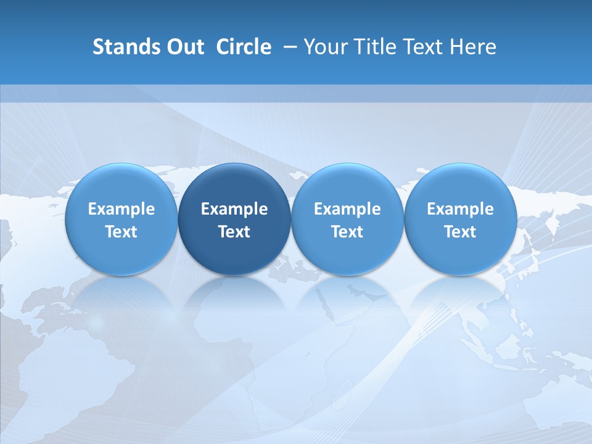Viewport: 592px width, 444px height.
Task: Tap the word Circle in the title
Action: [244, 47]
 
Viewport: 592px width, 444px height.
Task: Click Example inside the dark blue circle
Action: [234, 209]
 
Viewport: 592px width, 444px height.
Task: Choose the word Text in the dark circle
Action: [234, 232]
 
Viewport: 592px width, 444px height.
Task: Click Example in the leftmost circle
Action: [121, 209]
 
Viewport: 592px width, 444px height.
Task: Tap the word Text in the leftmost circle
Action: [121, 232]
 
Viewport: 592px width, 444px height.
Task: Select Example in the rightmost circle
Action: [460, 209]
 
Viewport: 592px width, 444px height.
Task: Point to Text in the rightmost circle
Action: [460, 232]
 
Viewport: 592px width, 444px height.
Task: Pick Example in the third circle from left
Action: [347, 209]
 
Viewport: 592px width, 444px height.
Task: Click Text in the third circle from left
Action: [347, 232]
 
